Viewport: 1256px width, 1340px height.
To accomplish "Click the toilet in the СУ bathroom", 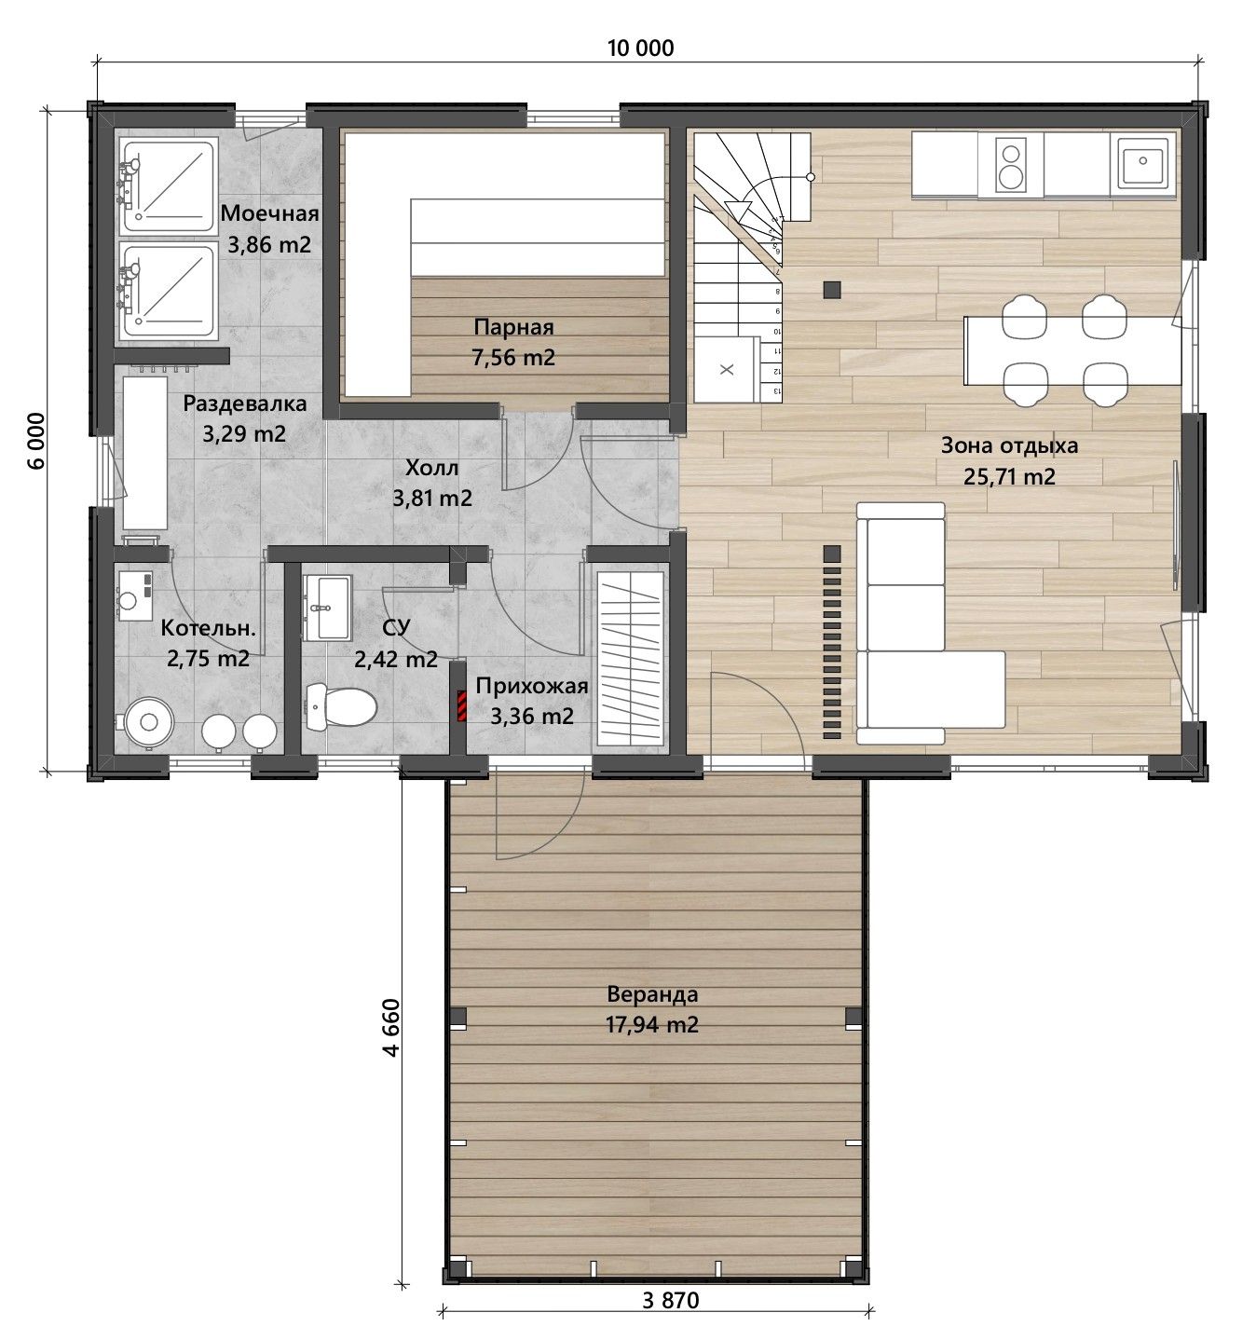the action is pyautogui.click(x=341, y=706).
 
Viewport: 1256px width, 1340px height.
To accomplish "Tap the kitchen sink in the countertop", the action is pyautogui.click(x=1142, y=163).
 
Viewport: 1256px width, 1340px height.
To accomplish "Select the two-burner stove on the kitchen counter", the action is pyautogui.click(x=1010, y=165).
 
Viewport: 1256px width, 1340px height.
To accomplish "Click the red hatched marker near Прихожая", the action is pyautogui.click(x=461, y=706).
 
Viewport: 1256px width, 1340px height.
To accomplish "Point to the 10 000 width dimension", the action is pyautogui.click(x=640, y=48).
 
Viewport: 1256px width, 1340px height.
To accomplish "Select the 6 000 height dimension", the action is pyautogui.click(x=36, y=440).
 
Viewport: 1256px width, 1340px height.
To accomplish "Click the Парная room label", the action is pyautogui.click(x=513, y=327).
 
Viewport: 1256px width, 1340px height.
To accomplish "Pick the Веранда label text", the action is pyautogui.click(x=652, y=994).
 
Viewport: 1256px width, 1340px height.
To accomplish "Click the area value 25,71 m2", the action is pyautogui.click(x=1009, y=477).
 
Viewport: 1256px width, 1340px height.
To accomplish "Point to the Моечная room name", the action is pyautogui.click(x=269, y=214).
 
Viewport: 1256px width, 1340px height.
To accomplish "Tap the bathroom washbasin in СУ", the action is pyautogui.click(x=327, y=608).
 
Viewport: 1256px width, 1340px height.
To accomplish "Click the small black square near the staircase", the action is pyautogui.click(x=832, y=290).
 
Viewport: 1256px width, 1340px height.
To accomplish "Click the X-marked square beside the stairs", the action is pyautogui.click(x=726, y=370).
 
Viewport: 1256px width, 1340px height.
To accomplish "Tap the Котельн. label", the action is pyautogui.click(x=208, y=629).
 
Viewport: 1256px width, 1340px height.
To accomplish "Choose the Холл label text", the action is pyautogui.click(x=432, y=468).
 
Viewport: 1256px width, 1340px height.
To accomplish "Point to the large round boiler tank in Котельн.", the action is pyautogui.click(x=148, y=722).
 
